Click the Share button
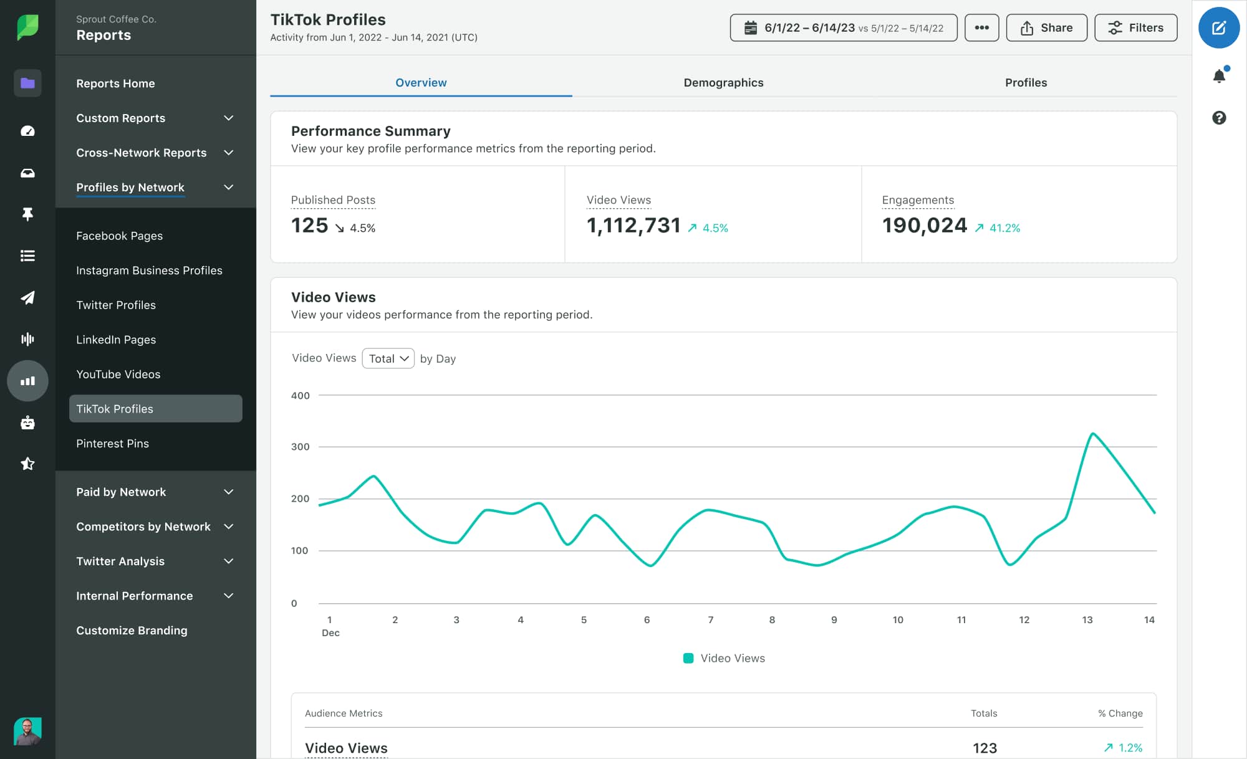1046,28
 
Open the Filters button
1135,28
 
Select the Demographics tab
723,83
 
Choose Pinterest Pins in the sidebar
113,444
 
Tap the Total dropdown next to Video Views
388,358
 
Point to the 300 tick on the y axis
301,447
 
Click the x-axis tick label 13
1087,619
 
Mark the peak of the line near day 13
1092,433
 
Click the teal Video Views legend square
688,658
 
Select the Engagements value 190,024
924,226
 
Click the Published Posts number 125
309,226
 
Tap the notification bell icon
1219,76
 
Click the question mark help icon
1219,118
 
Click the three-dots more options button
981,28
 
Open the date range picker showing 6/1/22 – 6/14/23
843,28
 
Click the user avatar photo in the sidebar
27,730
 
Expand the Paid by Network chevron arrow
229,492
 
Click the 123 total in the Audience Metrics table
985,748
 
